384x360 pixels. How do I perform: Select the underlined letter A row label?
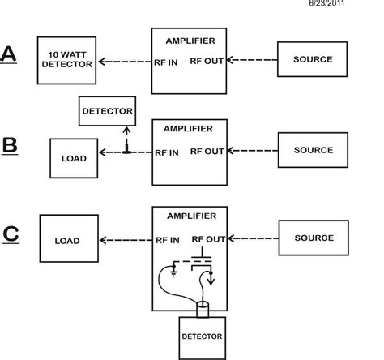[x=9, y=56]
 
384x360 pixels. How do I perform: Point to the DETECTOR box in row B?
[x=107, y=110]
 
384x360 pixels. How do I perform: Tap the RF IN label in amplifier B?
[x=168, y=151]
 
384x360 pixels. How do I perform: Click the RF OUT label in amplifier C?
[x=207, y=239]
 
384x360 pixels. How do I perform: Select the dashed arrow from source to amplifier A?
[x=252, y=60]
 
